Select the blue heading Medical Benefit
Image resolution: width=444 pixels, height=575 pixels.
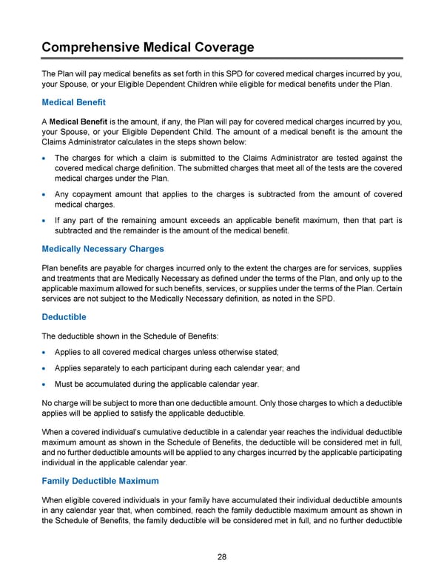point(73,102)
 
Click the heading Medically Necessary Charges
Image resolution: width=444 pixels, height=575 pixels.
point(103,248)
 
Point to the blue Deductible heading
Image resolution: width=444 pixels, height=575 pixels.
point(64,316)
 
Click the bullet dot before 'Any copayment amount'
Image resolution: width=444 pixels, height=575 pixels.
point(46,195)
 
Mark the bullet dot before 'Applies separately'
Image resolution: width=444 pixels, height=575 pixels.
point(46,368)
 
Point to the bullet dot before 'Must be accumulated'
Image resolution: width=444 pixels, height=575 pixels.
point(46,385)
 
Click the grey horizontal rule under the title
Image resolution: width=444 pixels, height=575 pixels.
point(222,59)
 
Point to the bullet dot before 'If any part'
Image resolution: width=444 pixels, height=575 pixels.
point(46,221)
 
